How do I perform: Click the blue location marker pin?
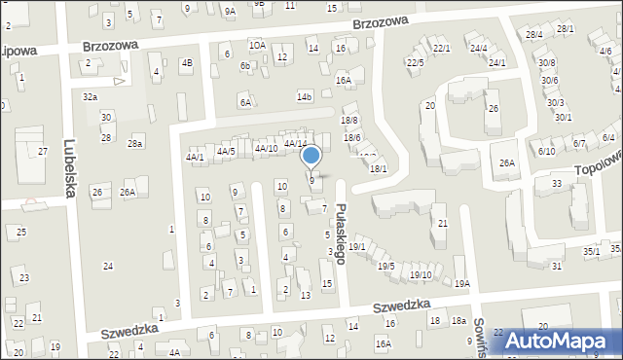click(311, 156)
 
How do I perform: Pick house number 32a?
click(90, 97)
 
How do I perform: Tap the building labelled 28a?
click(135, 143)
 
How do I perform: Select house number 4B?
click(187, 63)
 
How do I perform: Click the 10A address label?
click(257, 45)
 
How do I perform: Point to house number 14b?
click(305, 96)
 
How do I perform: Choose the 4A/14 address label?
click(295, 143)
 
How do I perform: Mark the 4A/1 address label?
click(195, 156)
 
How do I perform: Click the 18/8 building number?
click(349, 120)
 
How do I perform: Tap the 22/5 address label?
click(416, 62)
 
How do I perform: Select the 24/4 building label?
click(478, 47)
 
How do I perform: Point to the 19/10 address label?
click(421, 274)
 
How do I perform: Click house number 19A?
click(461, 283)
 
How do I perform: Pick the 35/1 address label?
click(591, 251)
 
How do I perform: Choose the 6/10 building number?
click(546, 151)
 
